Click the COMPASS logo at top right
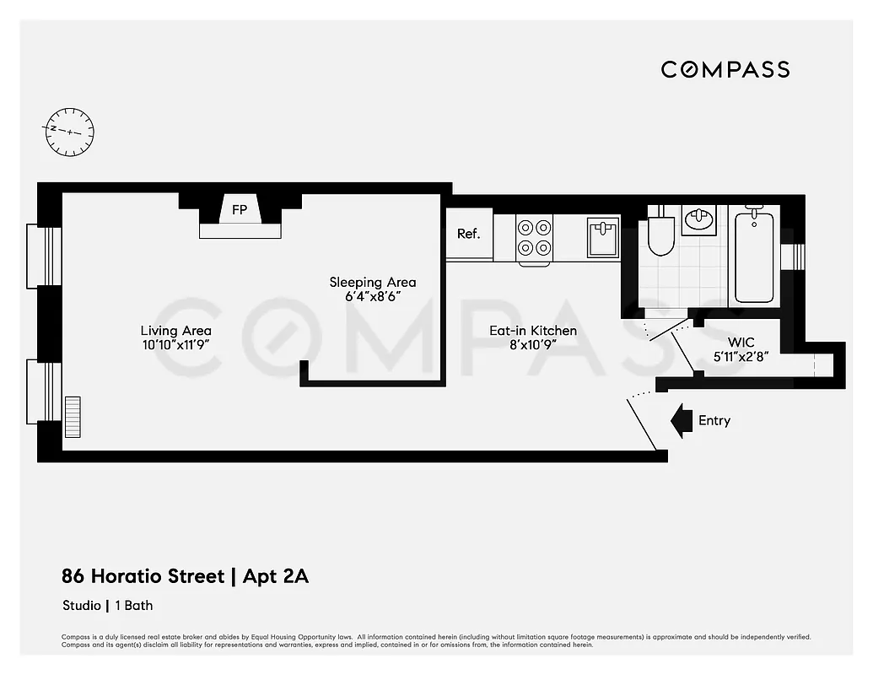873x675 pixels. click(725, 69)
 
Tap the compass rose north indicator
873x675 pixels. click(69, 132)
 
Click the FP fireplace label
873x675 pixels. click(240, 210)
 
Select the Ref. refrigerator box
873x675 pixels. click(469, 234)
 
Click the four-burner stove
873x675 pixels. click(535, 237)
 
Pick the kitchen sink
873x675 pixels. click(602, 235)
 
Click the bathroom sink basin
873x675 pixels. click(698, 220)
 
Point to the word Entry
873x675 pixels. click(714, 420)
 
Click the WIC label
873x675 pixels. click(742, 343)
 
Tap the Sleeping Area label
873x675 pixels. click(373, 282)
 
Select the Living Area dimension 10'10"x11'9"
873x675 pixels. click(175, 345)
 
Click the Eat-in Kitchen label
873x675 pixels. click(533, 331)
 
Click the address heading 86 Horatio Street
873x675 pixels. click(143, 577)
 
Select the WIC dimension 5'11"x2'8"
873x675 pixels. click(742, 358)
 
